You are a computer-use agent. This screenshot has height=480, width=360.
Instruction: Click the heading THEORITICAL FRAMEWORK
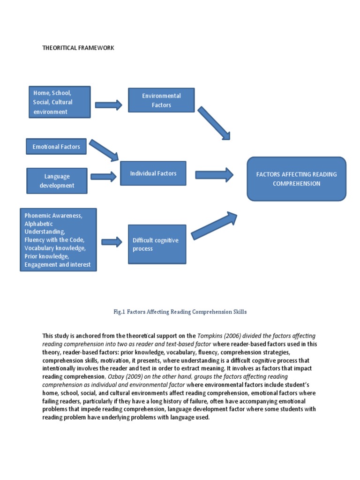tap(78, 48)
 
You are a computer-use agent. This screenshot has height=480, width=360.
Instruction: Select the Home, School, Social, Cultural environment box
tap(59, 102)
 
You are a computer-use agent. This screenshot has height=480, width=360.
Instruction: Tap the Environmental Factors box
tap(161, 100)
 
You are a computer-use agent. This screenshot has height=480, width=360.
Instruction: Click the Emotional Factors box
tap(56, 147)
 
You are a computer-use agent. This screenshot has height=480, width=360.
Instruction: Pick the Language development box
tap(57, 181)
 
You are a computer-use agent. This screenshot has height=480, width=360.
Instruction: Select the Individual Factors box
tap(153, 173)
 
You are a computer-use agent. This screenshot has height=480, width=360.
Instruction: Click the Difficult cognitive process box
tap(157, 244)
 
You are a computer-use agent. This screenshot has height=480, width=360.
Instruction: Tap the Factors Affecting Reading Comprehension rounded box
tap(296, 179)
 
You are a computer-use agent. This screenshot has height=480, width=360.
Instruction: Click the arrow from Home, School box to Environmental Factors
tap(108, 105)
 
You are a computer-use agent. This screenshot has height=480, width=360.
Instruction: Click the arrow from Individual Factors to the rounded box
tap(214, 175)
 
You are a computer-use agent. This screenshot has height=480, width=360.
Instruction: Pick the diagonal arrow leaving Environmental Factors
tap(214, 123)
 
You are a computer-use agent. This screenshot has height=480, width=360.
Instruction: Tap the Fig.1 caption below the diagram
tap(180, 312)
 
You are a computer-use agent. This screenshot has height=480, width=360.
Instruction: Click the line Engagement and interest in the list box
tap(58, 265)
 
